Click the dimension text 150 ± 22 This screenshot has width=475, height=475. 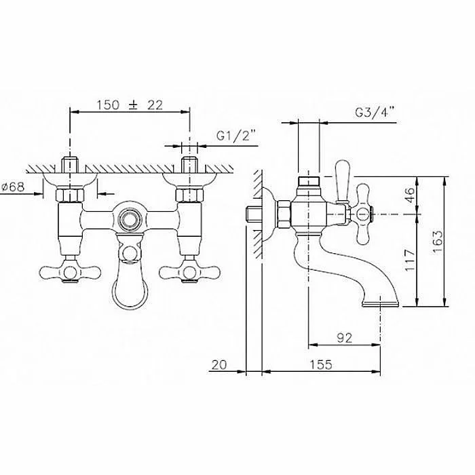130,105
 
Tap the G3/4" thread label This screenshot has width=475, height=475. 375,113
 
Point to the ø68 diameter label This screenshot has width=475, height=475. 13,187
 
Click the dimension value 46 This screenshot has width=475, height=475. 409,195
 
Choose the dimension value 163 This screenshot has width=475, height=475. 437,242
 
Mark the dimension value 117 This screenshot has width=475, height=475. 409,261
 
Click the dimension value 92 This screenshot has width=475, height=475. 345,338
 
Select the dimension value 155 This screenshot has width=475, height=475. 321,364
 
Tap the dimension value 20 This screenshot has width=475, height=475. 219,365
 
